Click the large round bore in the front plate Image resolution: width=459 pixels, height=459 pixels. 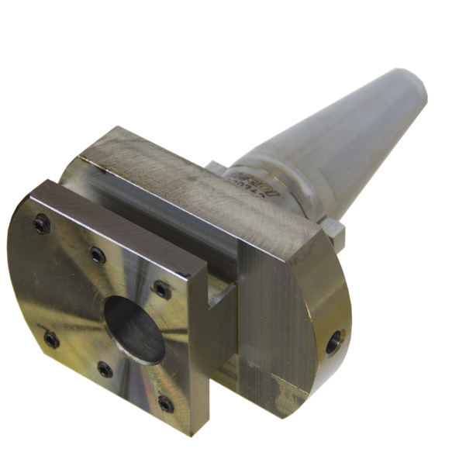134,329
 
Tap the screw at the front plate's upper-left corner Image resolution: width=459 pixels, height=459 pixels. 41,225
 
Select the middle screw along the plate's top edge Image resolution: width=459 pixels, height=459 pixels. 97,254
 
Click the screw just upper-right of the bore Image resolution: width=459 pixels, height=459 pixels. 160,288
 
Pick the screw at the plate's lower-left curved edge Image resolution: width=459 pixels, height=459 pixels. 51,339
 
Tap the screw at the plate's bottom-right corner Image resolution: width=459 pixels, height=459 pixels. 165,403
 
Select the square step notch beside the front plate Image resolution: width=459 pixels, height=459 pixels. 221,299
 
